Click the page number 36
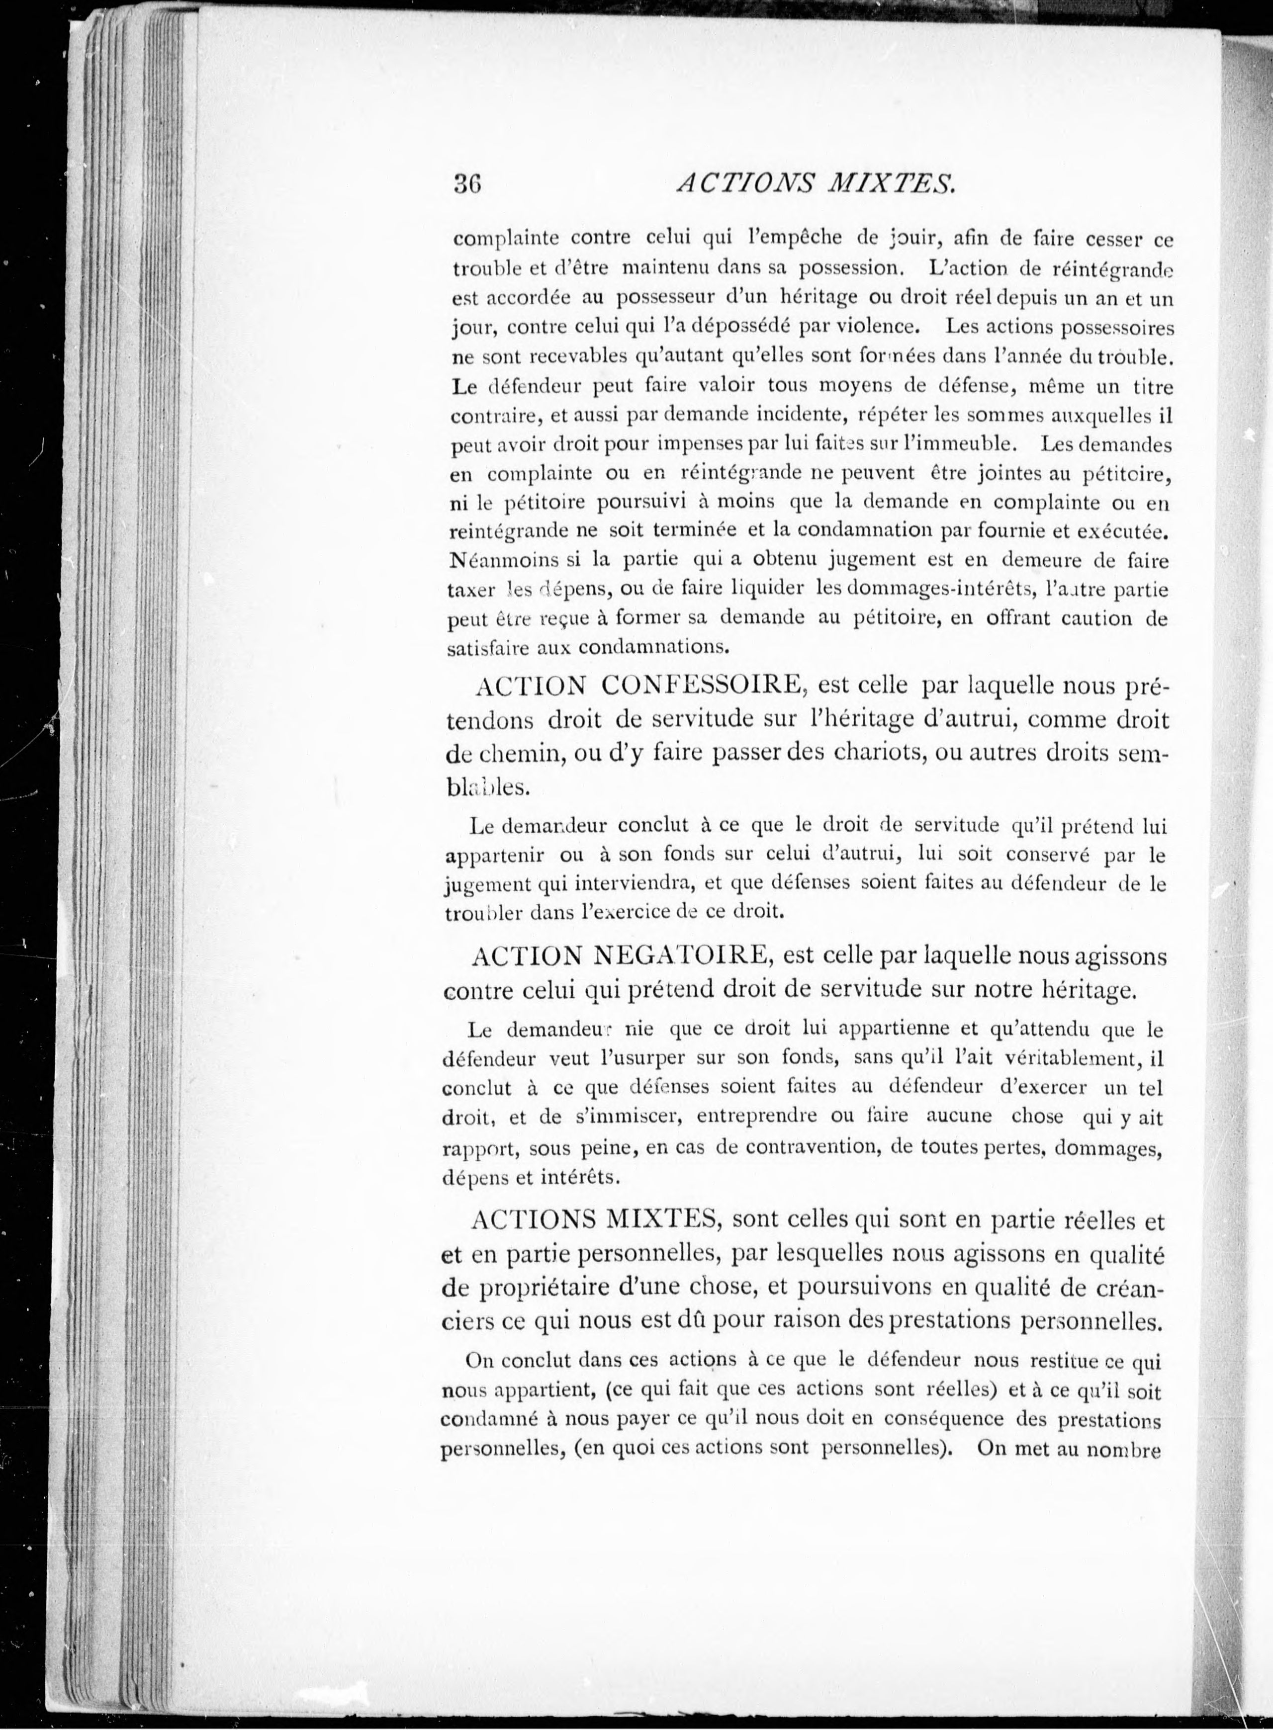click(x=468, y=185)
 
